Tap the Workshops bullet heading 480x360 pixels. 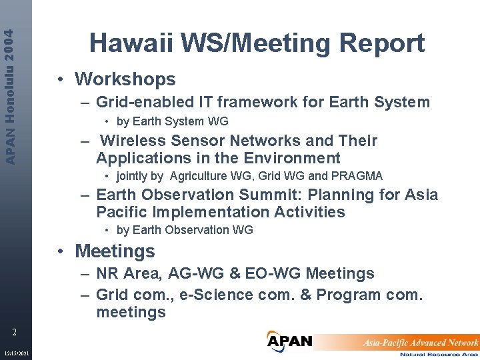(125, 79)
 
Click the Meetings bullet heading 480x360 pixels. (115, 251)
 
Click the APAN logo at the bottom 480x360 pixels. (289, 341)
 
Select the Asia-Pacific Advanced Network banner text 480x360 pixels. (420, 342)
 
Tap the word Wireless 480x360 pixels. (133, 141)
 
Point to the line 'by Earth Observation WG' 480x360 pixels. (185, 230)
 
